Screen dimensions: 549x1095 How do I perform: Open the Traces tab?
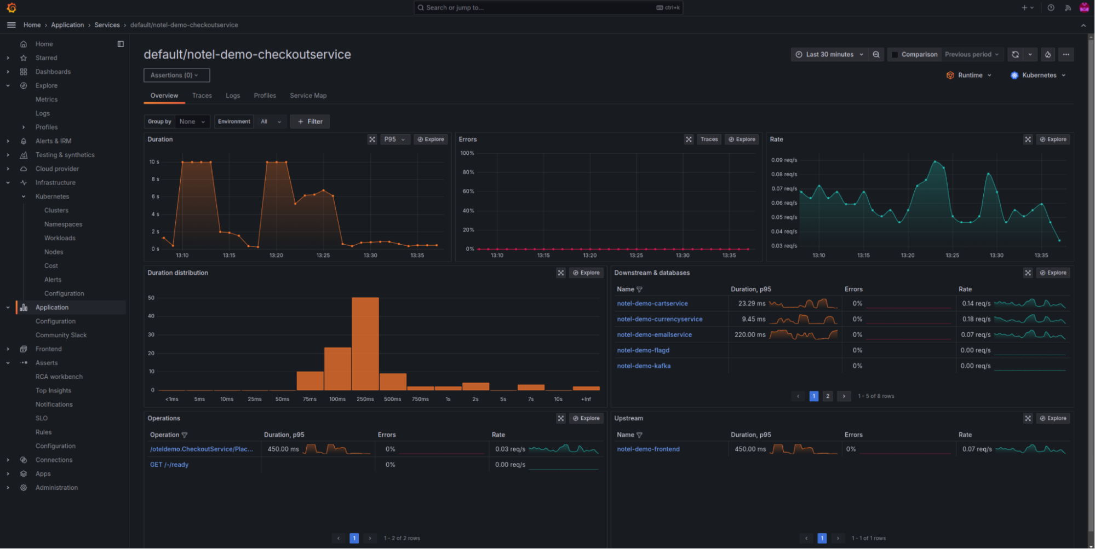(x=202, y=96)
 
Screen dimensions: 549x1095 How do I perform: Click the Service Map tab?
(x=308, y=96)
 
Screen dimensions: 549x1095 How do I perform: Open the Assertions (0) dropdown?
(x=176, y=76)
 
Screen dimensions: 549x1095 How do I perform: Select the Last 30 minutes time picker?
(x=829, y=55)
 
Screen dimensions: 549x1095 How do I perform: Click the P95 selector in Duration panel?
(x=394, y=140)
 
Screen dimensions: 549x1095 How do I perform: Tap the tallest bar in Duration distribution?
(x=365, y=343)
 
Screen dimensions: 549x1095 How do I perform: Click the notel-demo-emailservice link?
(x=654, y=335)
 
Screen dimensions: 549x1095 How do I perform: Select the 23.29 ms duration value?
(x=752, y=304)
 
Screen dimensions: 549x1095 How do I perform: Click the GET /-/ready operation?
(x=169, y=465)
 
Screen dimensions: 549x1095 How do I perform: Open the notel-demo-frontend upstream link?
(x=648, y=449)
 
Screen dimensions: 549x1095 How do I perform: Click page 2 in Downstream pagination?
(x=827, y=396)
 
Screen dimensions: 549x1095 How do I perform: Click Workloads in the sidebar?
(x=60, y=238)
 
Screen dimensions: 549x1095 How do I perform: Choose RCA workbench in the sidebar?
(x=59, y=377)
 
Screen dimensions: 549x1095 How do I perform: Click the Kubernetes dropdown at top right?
(x=1038, y=76)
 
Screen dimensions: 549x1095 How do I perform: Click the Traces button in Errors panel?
(x=709, y=140)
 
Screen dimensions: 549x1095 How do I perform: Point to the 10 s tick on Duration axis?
(x=154, y=162)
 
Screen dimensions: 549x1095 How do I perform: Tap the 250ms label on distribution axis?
(x=365, y=400)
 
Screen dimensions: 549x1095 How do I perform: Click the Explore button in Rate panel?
(x=1053, y=140)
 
